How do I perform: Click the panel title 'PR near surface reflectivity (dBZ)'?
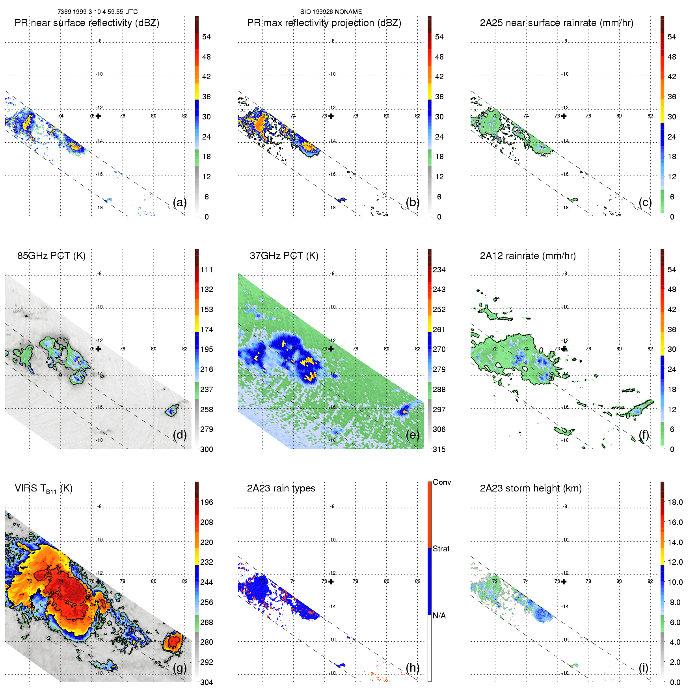[87, 23]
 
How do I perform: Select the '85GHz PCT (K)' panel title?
[51, 256]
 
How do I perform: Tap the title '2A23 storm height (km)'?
[530, 488]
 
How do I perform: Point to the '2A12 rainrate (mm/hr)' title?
[528, 256]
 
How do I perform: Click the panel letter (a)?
[180, 202]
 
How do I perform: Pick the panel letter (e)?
[413, 435]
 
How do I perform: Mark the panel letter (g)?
[180, 668]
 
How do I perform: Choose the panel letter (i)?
[643, 668]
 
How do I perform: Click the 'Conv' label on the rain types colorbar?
[442, 482]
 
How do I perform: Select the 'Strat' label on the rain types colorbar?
[441, 549]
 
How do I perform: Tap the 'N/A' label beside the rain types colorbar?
[439, 616]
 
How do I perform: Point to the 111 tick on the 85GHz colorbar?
[207, 270]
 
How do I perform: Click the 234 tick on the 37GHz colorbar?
[439, 270]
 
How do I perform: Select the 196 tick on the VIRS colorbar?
[207, 502]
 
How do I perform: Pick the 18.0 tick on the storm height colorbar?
[675, 502]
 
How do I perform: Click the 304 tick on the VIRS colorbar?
[207, 682]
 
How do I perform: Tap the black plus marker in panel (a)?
[98, 116]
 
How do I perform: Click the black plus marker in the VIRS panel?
[98, 581]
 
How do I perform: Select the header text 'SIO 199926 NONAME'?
[331, 12]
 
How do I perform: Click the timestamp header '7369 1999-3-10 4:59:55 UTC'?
[98, 12]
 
